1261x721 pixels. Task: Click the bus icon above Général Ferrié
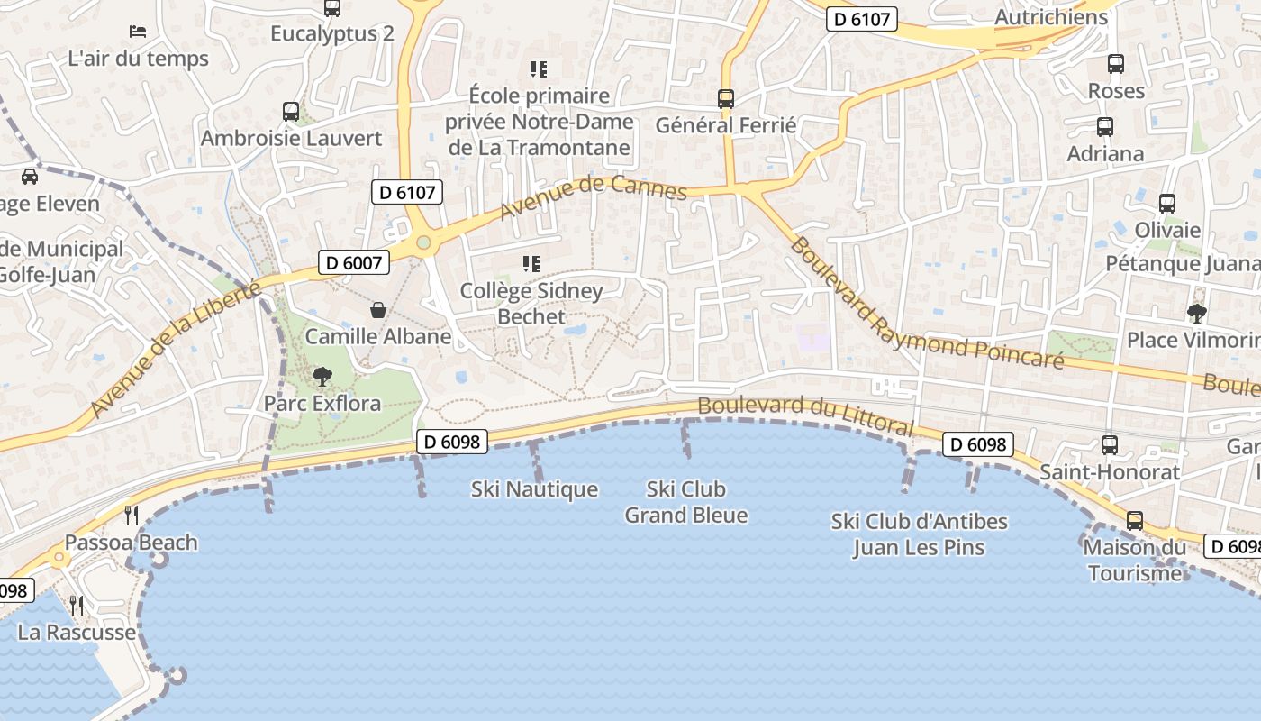(x=726, y=99)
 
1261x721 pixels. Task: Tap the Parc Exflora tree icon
(x=322, y=377)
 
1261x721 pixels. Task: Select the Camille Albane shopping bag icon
(x=378, y=310)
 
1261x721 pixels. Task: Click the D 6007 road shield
(x=355, y=263)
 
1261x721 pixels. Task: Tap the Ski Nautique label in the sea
(x=534, y=489)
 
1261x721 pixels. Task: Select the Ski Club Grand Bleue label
(x=686, y=502)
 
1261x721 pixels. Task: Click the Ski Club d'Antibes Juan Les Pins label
(x=919, y=534)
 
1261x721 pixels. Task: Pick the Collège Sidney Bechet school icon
(x=531, y=264)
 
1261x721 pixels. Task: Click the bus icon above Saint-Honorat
(x=1110, y=445)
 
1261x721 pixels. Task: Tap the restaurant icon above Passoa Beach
(x=132, y=516)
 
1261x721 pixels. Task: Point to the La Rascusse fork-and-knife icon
(x=77, y=606)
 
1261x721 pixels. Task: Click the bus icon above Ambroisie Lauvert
(x=291, y=112)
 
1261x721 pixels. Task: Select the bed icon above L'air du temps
(x=138, y=32)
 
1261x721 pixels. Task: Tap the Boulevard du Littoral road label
(x=805, y=415)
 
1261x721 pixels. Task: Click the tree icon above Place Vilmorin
(x=1196, y=314)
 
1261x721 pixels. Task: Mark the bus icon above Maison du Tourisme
(x=1135, y=521)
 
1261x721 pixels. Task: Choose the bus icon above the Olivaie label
(x=1167, y=204)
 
